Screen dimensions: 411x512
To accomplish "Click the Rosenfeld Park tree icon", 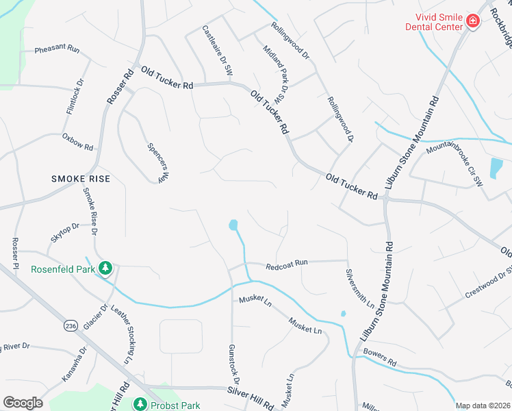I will tap(105, 268).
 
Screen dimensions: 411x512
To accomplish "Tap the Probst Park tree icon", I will tap(140, 405).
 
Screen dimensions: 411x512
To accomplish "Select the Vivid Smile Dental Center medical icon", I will tap(472, 21).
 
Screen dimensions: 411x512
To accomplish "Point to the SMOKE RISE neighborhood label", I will tap(81, 179).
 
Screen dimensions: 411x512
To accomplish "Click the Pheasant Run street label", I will tap(57, 50).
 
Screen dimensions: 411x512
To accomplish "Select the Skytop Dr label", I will tap(66, 236).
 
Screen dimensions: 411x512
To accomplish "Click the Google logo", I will tap(23, 403).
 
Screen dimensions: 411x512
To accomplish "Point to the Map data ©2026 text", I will tap(483, 406).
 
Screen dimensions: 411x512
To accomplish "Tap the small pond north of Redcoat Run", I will tap(233, 225).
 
